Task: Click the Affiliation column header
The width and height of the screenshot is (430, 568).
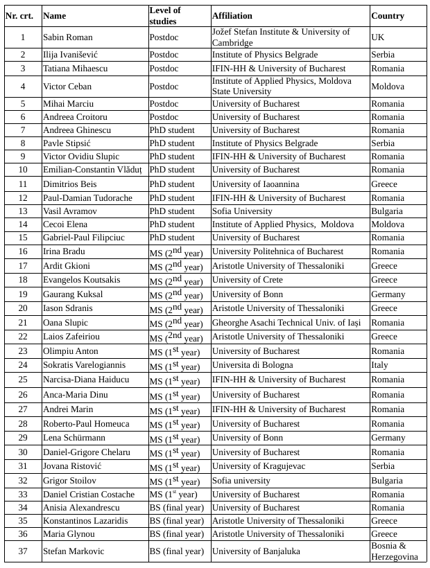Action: [x=232, y=16]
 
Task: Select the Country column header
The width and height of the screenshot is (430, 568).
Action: [x=388, y=16]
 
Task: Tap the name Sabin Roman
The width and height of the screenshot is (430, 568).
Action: [x=67, y=37]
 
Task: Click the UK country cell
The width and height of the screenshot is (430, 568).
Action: [x=378, y=37]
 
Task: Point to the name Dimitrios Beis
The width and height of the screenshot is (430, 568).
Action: [x=69, y=184]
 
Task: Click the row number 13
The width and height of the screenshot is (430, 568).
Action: [x=23, y=211]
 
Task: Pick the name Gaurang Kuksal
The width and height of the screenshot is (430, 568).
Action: [x=72, y=294]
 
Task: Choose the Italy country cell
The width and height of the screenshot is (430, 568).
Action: [x=379, y=365]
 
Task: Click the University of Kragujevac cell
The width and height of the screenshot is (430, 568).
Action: [x=258, y=466]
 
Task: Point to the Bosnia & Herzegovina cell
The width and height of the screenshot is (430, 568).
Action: [x=395, y=551]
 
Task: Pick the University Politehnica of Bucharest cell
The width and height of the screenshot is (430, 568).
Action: [x=277, y=251]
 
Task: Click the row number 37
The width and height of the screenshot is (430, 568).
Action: [x=23, y=551]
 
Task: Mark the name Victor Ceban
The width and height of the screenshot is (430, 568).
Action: [x=67, y=87]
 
